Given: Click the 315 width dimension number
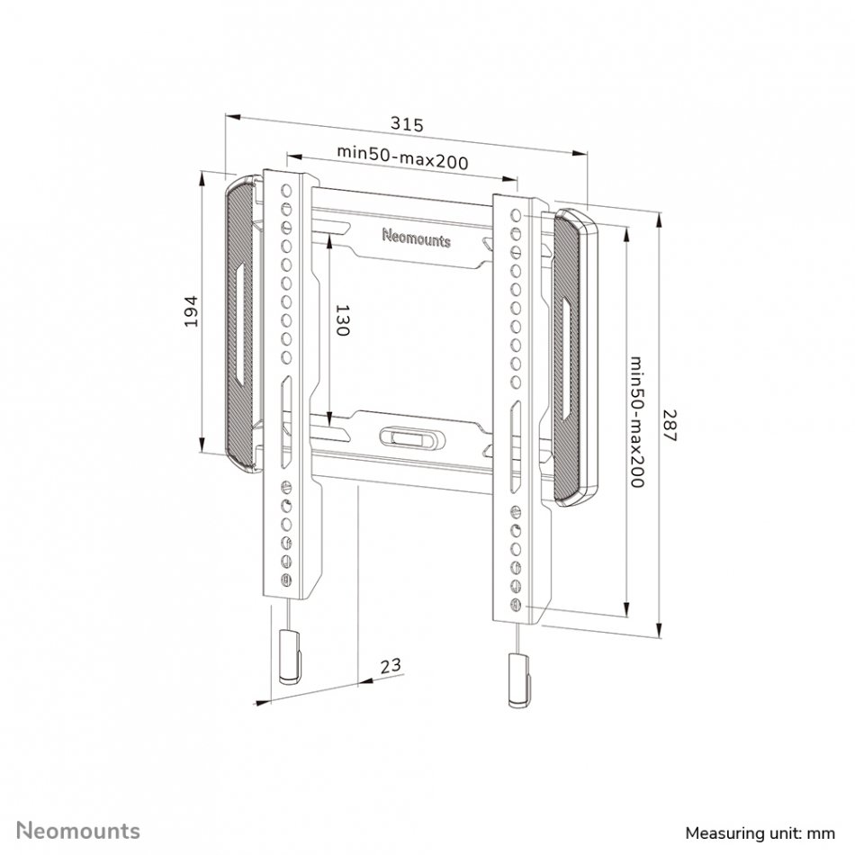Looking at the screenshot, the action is (x=407, y=124).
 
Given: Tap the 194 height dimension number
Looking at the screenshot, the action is (x=191, y=311).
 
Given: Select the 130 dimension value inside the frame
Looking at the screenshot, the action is (x=341, y=320).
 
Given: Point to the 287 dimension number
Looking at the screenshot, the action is (x=670, y=426).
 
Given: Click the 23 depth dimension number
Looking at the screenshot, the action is (x=391, y=665).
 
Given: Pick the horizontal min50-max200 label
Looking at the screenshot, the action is (x=402, y=157).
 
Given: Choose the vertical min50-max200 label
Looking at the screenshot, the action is (x=637, y=421).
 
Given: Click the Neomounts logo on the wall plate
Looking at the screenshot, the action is (x=417, y=238).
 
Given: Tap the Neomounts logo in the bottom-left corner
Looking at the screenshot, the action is (x=78, y=831).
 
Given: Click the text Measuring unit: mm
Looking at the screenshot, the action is (x=760, y=833).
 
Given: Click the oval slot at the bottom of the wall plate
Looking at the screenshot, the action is (x=411, y=438).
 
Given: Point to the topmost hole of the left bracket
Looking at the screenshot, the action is (x=286, y=190).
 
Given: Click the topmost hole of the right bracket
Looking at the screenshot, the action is (x=516, y=215).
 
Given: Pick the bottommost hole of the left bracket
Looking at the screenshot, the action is (x=286, y=580).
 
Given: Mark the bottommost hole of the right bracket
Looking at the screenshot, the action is (x=516, y=605).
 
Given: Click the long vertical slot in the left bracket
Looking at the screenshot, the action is (x=286, y=422).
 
